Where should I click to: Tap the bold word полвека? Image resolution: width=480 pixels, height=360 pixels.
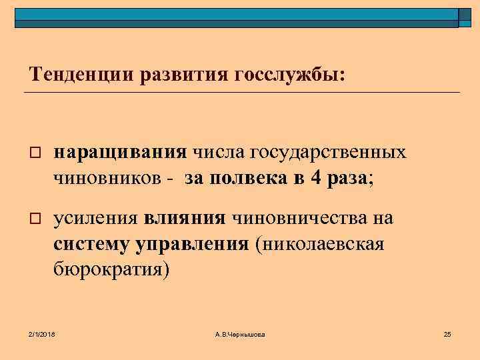[245, 178]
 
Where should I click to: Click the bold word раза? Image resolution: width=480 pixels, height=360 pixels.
[346, 178]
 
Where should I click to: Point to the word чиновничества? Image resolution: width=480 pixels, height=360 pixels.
[303, 219]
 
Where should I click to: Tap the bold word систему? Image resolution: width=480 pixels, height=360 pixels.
[93, 244]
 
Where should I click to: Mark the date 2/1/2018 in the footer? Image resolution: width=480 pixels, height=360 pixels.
[42, 333]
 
